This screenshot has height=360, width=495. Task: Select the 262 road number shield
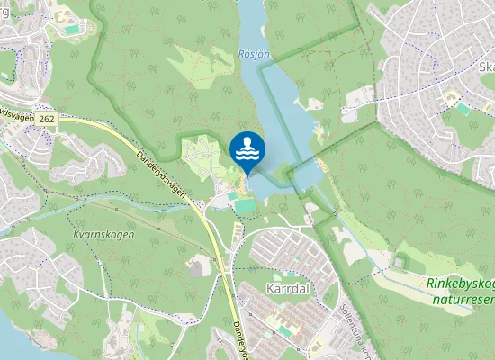tap(47, 118)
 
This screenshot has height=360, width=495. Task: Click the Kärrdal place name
tap(288, 289)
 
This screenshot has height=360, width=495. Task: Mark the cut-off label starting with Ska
tap(486, 67)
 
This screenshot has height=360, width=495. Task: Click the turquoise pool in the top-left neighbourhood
tap(70, 30)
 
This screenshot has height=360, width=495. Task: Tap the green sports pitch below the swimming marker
tap(245, 206)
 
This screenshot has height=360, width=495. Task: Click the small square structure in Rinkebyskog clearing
tap(399, 264)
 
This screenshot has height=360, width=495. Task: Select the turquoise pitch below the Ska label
tap(463, 107)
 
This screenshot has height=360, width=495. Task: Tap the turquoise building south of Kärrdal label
tap(285, 331)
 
